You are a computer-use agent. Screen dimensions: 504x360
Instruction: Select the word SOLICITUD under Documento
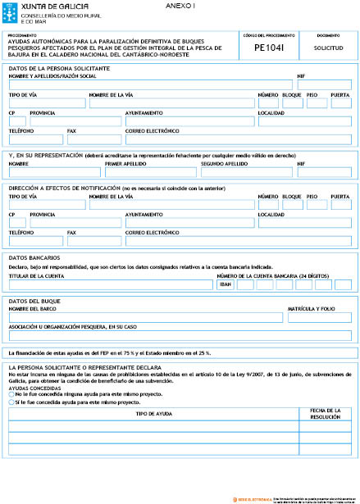click(x=327, y=49)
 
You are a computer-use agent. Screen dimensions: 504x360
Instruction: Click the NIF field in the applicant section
click(x=325, y=84)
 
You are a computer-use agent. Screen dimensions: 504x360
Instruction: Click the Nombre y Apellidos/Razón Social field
click(x=151, y=84)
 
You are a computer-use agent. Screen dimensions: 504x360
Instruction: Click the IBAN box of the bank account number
click(x=225, y=284)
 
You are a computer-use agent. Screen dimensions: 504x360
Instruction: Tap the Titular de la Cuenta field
click(x=110, y=284)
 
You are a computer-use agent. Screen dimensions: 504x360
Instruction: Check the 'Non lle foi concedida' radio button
click(x=11, y=394)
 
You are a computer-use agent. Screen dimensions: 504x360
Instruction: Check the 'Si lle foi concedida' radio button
click(x=11, y=402)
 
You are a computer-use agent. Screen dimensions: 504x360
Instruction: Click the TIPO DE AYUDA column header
click(x=153, y=414)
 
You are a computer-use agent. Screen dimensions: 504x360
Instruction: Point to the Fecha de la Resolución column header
click(x=326, y=414)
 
